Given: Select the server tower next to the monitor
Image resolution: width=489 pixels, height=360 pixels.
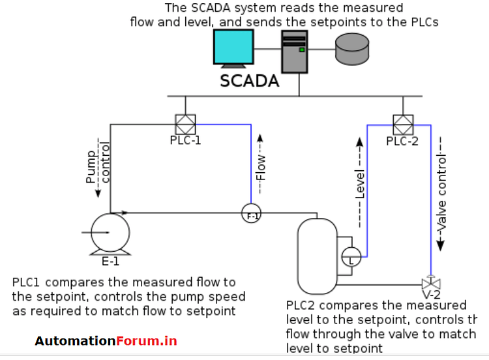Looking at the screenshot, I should [294, 52].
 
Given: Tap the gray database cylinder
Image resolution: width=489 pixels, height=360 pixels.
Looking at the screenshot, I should [352, 47].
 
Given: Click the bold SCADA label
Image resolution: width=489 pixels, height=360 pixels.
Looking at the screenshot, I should [250, 82].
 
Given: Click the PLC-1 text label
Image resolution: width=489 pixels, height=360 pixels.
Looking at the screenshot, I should [185, 140].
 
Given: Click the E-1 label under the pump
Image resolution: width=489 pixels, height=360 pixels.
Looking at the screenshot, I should [110, 262].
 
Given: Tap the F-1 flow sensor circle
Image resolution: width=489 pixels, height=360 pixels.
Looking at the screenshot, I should [251, 214].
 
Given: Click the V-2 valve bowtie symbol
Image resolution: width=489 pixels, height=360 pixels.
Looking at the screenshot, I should [430, 284].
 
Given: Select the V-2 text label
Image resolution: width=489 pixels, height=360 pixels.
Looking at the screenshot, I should [431, 297].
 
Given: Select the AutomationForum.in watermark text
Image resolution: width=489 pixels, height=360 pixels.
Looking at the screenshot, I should [106, 340].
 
